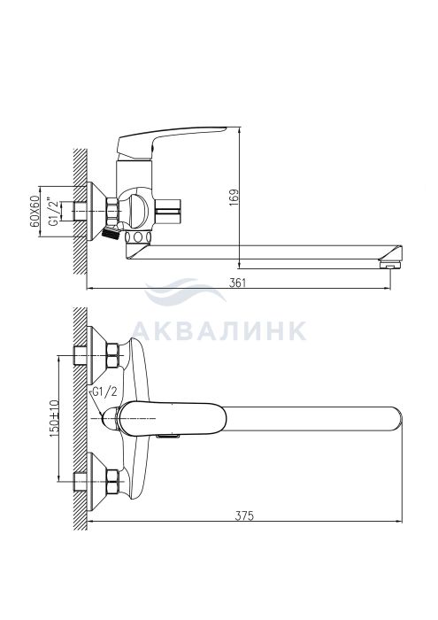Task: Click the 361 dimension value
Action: coord(237,283)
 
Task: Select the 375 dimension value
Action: coord(244,515)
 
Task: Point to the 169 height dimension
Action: coord(234,198)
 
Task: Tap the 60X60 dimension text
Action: coord(35,211)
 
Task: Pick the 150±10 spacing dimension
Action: coord(54,419)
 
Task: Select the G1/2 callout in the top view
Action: coord(104,392)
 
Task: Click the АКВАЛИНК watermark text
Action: coord(219,331)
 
